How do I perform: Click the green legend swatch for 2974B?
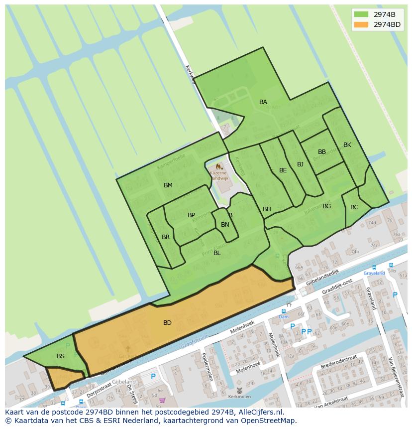[x=361, y=14]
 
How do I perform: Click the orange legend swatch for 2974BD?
[x=361, y=24]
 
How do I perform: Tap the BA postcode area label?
[x=263, y=102]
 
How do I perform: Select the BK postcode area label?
[x=347, y=145]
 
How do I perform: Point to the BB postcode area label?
[x=322, y=152]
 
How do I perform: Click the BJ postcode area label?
[x=300, y=164]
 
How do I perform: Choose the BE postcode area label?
[x=283, y=170]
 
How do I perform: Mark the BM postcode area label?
[x=168, y=185]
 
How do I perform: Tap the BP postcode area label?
[x=191, y=215]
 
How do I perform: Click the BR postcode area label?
[x=166, y=237]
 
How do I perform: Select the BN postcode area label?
[x=225, y=225]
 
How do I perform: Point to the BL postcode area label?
[x=217, y=253]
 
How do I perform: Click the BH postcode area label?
[x=267, y=209]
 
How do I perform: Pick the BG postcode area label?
[x=326, y=206]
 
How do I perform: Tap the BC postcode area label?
[x=354, y=207]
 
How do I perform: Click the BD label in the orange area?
[x=167, y=323]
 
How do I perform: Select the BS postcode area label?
[x=61, y=356]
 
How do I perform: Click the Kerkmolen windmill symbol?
[x=239, y=390]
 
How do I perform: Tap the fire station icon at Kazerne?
[x=218, y=166]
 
